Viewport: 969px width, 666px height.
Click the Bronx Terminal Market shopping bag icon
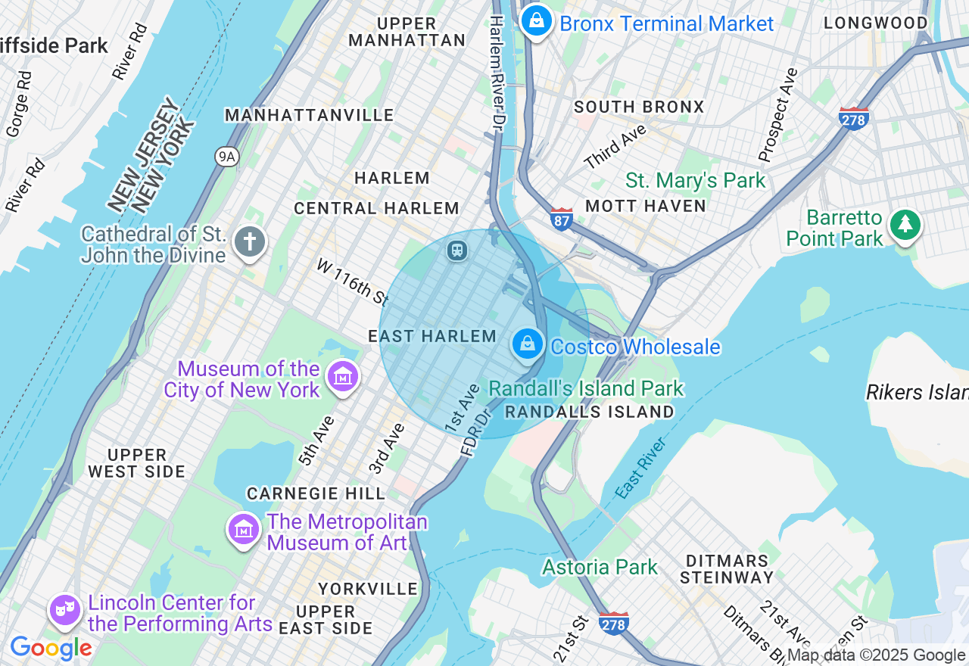tap(537, 20)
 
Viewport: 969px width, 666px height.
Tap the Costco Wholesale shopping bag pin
tap(528, 344)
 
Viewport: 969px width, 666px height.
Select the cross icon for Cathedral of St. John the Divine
tap(250, 243)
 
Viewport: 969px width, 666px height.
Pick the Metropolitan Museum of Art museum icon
tap(244, 529)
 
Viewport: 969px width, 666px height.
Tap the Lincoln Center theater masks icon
tap(65, 609)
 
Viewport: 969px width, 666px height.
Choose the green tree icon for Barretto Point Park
tap(905, 225)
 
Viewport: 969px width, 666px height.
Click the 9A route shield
tap(226, 157)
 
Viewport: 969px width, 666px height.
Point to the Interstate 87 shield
tap(562, 219)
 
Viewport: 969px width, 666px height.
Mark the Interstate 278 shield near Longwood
tap(854, 119)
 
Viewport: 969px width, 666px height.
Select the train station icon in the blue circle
tap(456, 250)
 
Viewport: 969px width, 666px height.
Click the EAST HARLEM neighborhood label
tap(432, 336)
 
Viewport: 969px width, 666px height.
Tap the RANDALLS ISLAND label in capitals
tap(589, 412)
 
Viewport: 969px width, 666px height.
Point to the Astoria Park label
tap(600, 567)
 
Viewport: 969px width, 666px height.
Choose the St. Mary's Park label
tap(695, 181)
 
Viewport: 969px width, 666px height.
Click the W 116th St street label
tap(352, 282)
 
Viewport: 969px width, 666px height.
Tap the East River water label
tap(640, 467)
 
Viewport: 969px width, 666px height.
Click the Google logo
tap(51, 648)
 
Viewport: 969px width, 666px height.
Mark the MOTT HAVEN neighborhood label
tap(646, 206)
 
